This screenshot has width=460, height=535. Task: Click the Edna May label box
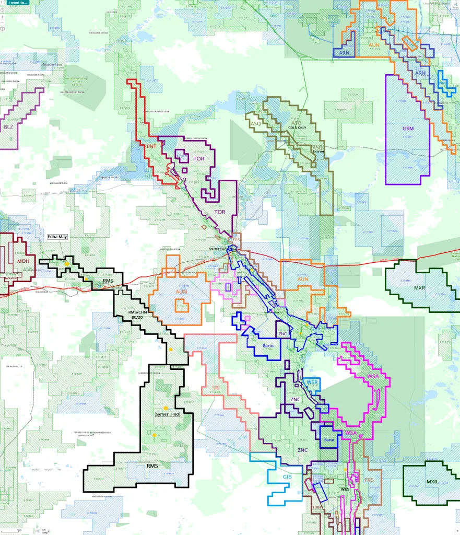pos(57,236)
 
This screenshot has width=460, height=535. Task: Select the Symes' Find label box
pos(167,414)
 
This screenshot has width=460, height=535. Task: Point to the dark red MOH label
pos(23,261)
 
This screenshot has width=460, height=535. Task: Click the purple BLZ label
pos(8,127)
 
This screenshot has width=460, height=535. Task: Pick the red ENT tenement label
pos(152,147)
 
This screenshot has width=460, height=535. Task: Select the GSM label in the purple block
pos(408,129)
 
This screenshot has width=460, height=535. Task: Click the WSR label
pos(312,382)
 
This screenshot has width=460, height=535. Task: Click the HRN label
pos(317,507)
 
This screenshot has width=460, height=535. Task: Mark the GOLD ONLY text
pos(297,128)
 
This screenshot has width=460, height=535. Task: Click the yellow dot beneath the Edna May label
pos(67,264)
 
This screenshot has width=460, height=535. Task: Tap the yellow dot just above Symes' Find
pos(166,408)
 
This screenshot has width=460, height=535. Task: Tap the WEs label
pos(345,489)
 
